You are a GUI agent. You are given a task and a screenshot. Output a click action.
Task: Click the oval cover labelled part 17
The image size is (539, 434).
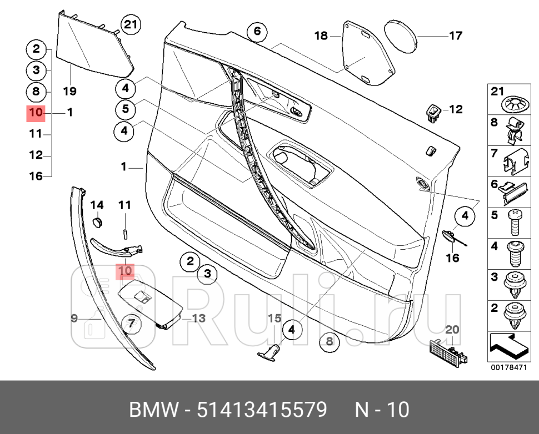click(400, 36)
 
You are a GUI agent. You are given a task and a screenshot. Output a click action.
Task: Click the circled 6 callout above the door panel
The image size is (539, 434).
click(257, 31)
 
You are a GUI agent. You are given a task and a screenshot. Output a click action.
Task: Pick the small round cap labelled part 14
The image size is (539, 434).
click(98, 221)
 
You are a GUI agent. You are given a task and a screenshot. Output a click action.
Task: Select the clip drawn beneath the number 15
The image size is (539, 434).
click(271, 350)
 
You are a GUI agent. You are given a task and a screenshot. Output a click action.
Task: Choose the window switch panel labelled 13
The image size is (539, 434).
click(151, 304)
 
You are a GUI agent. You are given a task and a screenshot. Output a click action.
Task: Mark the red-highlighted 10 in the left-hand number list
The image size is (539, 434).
click(36, 113)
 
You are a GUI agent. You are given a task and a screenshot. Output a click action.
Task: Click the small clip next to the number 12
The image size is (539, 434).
click(433, 111)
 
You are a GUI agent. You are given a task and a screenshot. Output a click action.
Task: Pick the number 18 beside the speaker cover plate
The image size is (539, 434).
click(321, 36)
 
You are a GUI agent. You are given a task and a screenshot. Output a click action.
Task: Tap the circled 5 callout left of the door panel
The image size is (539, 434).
click(126, 109)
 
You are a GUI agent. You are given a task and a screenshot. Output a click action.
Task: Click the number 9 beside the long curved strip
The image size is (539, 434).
click(74, 318)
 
